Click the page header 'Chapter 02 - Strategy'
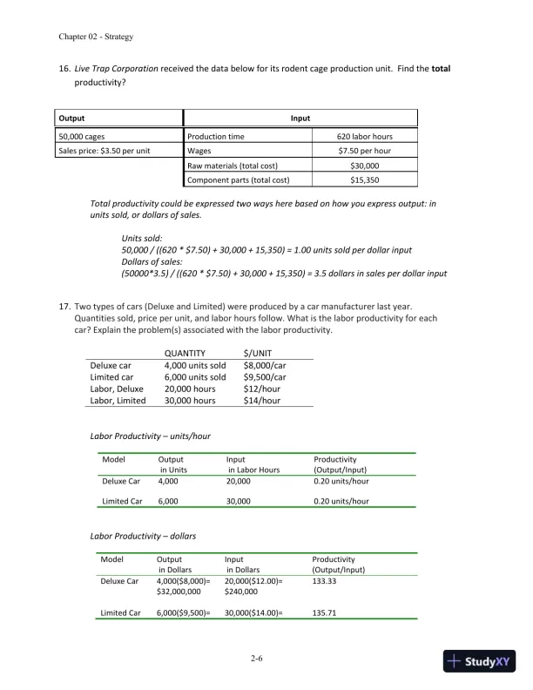coord(95,37)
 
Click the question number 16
coord(64,68)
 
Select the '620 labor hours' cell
coord(364,137)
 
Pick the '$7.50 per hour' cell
coord(364,151)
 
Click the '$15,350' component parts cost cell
coord(364,179)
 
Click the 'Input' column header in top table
coord(300,118)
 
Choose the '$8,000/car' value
coord(264,365)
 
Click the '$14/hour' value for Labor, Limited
coord(262,401)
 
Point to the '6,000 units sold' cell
coord(194,377)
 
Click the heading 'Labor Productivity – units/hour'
coord(151,436)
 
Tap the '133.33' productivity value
coord(324,580)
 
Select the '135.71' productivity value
coord(324,612)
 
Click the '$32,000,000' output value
coord(179,592)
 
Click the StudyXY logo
coord(479,661)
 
